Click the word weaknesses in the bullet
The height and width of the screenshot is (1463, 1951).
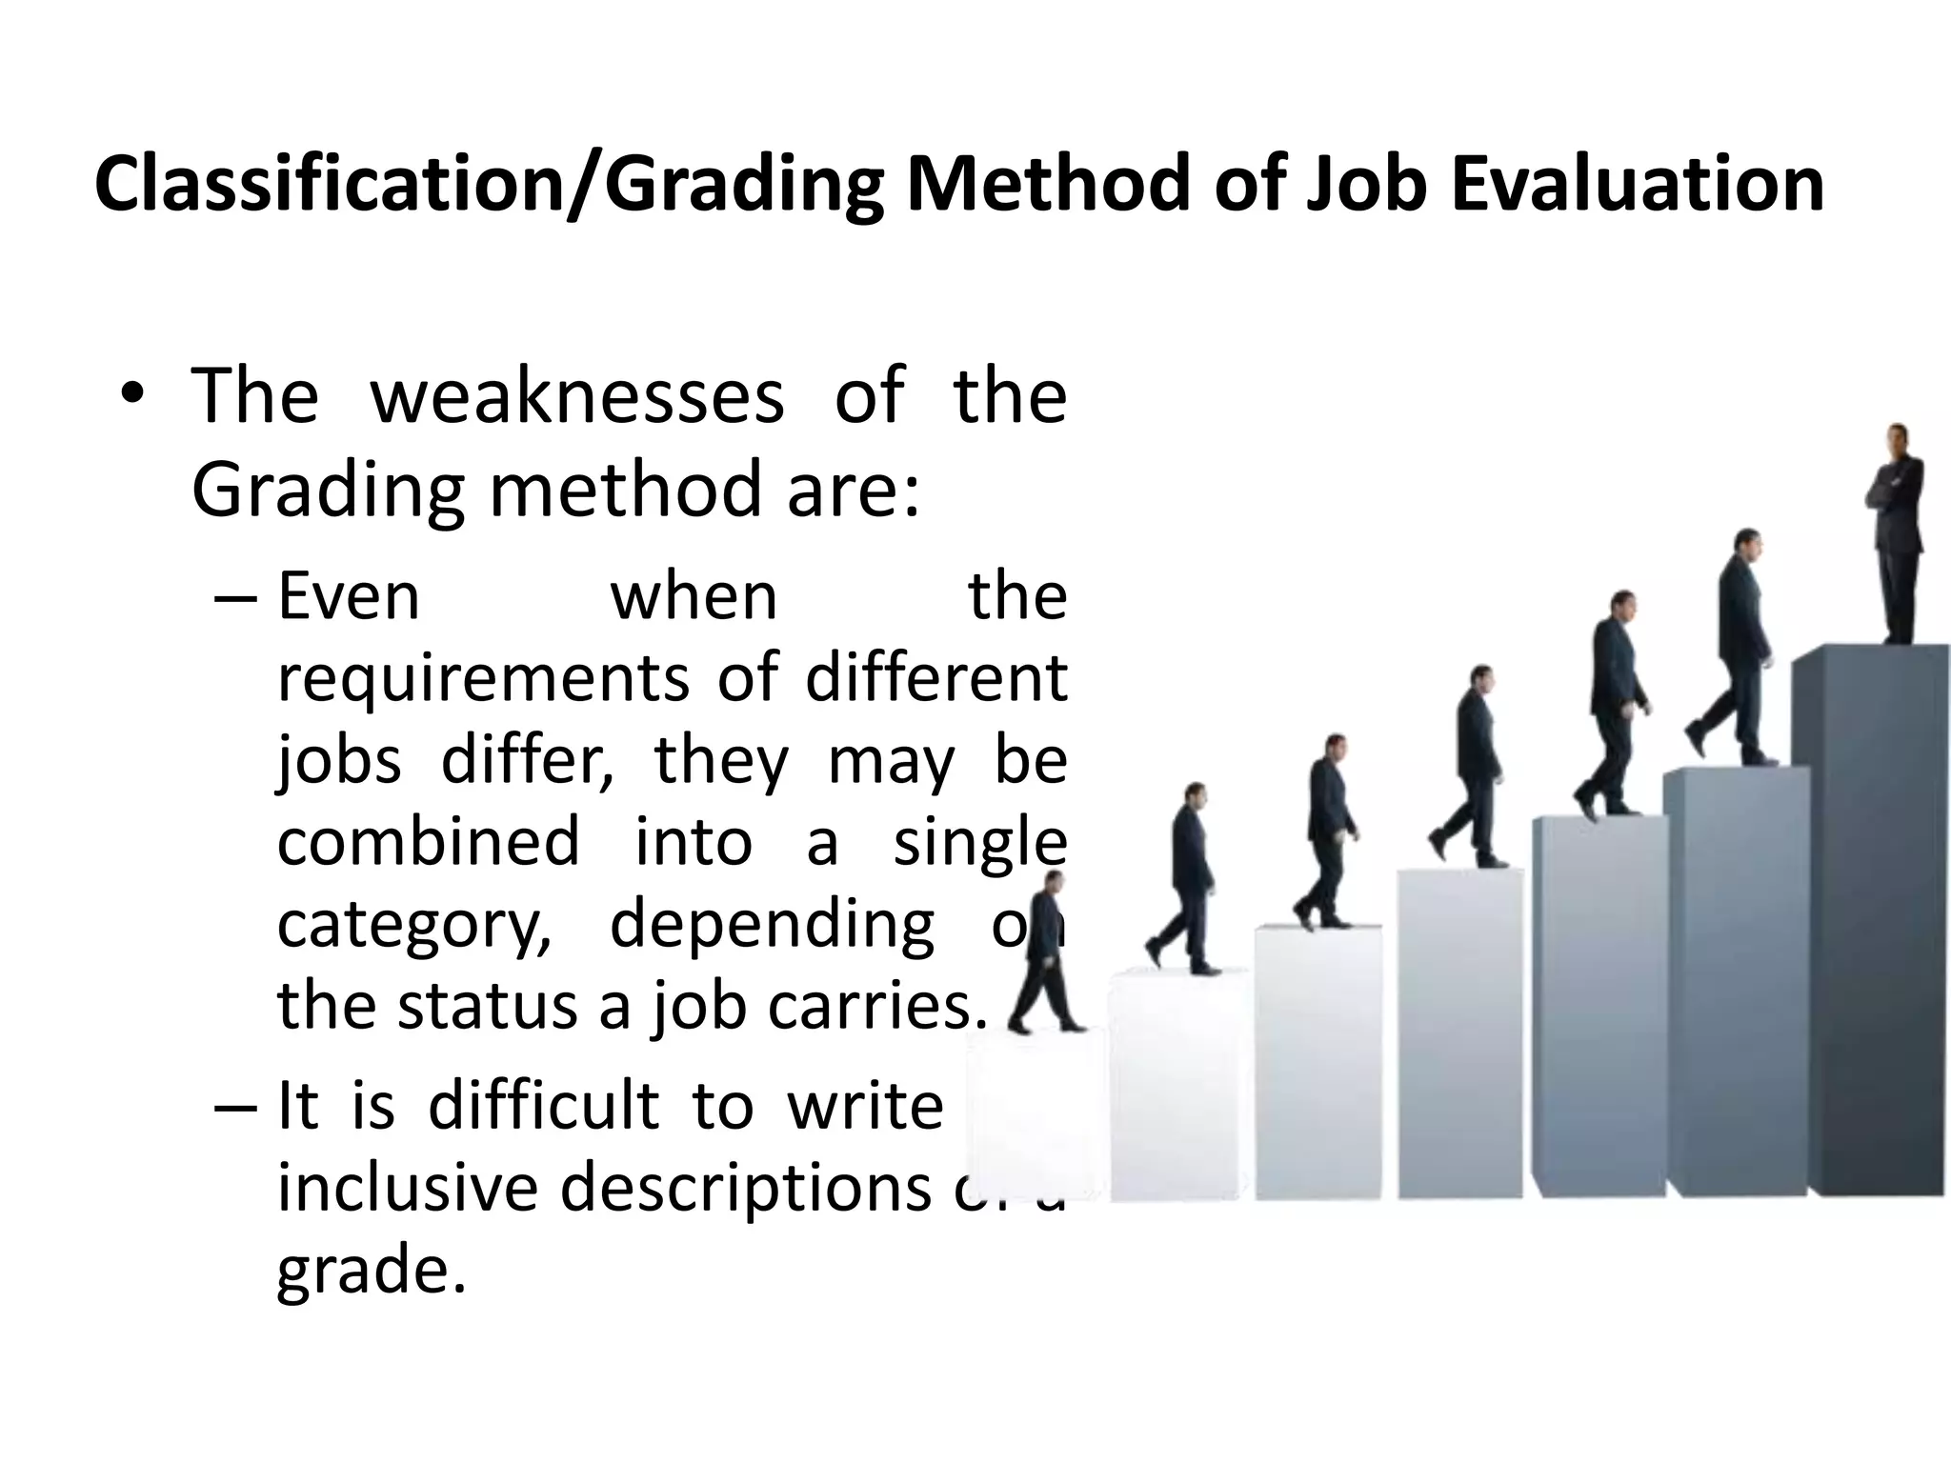click(x=577, y=396)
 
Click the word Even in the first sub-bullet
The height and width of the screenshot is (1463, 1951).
click(x=349, y=598)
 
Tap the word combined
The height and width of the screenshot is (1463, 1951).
click(x=429, y=843)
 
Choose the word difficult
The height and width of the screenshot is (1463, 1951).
click(x=543, y=1107)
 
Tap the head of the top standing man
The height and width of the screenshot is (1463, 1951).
click(x=1898, y=439)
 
